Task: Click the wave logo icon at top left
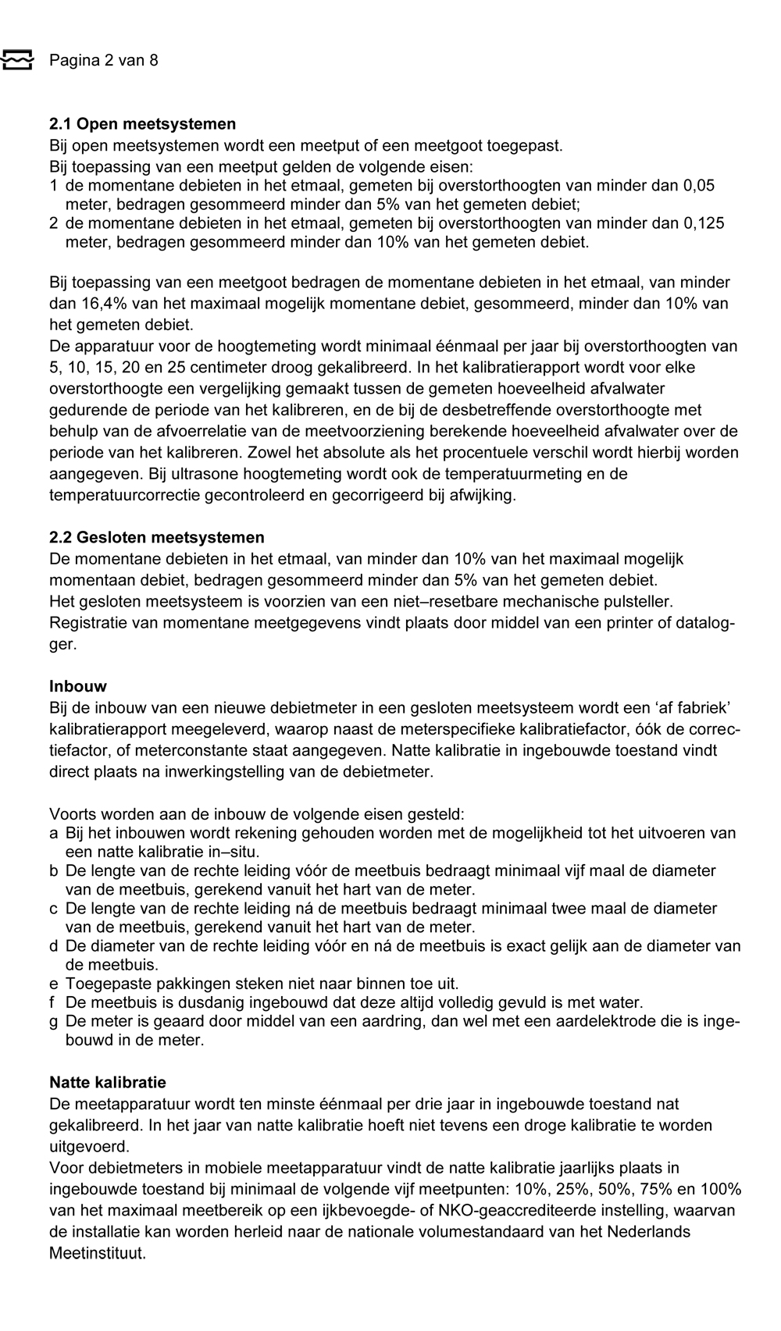pos(17,60)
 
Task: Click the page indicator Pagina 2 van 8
pos(103,60)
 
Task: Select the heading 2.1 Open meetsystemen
pos(142,124)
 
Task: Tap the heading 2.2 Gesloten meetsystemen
pos(156,537)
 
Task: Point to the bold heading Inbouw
pos(78,686)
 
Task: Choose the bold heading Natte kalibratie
pos(108,1082)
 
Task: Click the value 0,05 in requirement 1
pos(699,186)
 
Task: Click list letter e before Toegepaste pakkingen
pos(54,984)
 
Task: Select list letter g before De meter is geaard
pos(54,1021)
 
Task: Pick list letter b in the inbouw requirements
pos(54,870)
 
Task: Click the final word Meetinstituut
pos(98,1253)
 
